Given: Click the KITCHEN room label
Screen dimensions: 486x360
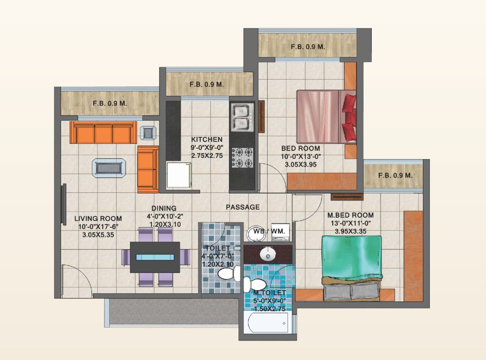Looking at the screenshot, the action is click(207, 139).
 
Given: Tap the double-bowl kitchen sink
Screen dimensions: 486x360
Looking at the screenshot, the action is click(242, 117).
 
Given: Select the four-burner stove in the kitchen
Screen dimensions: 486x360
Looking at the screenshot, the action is click(242, 158).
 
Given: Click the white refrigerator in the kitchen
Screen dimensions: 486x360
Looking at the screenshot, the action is click(179, 175).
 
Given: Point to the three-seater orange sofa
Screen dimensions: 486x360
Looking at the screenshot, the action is click(103, 133).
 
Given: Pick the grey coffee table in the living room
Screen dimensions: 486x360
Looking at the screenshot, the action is click(109, 168).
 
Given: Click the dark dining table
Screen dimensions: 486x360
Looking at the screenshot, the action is click(155, 257).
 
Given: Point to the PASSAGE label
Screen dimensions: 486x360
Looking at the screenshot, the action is click(243, 207).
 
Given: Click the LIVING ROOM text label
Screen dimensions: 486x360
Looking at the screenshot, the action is click(98, 219).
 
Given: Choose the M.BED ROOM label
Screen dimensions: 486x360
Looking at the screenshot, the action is click(351, 215).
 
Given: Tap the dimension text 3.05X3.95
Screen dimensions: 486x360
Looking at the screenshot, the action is click(301, 165).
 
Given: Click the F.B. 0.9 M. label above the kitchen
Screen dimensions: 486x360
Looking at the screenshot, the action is click(207, 84).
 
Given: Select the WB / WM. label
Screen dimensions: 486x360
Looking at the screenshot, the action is click(269, 231).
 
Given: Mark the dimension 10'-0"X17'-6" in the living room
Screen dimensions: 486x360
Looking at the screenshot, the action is click(98, 227).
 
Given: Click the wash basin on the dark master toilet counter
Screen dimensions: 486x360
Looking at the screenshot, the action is click(268, 254).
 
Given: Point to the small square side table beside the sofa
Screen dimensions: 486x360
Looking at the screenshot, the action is click(148, 133).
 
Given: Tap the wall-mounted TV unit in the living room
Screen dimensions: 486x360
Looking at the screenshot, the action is click(64, 205).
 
